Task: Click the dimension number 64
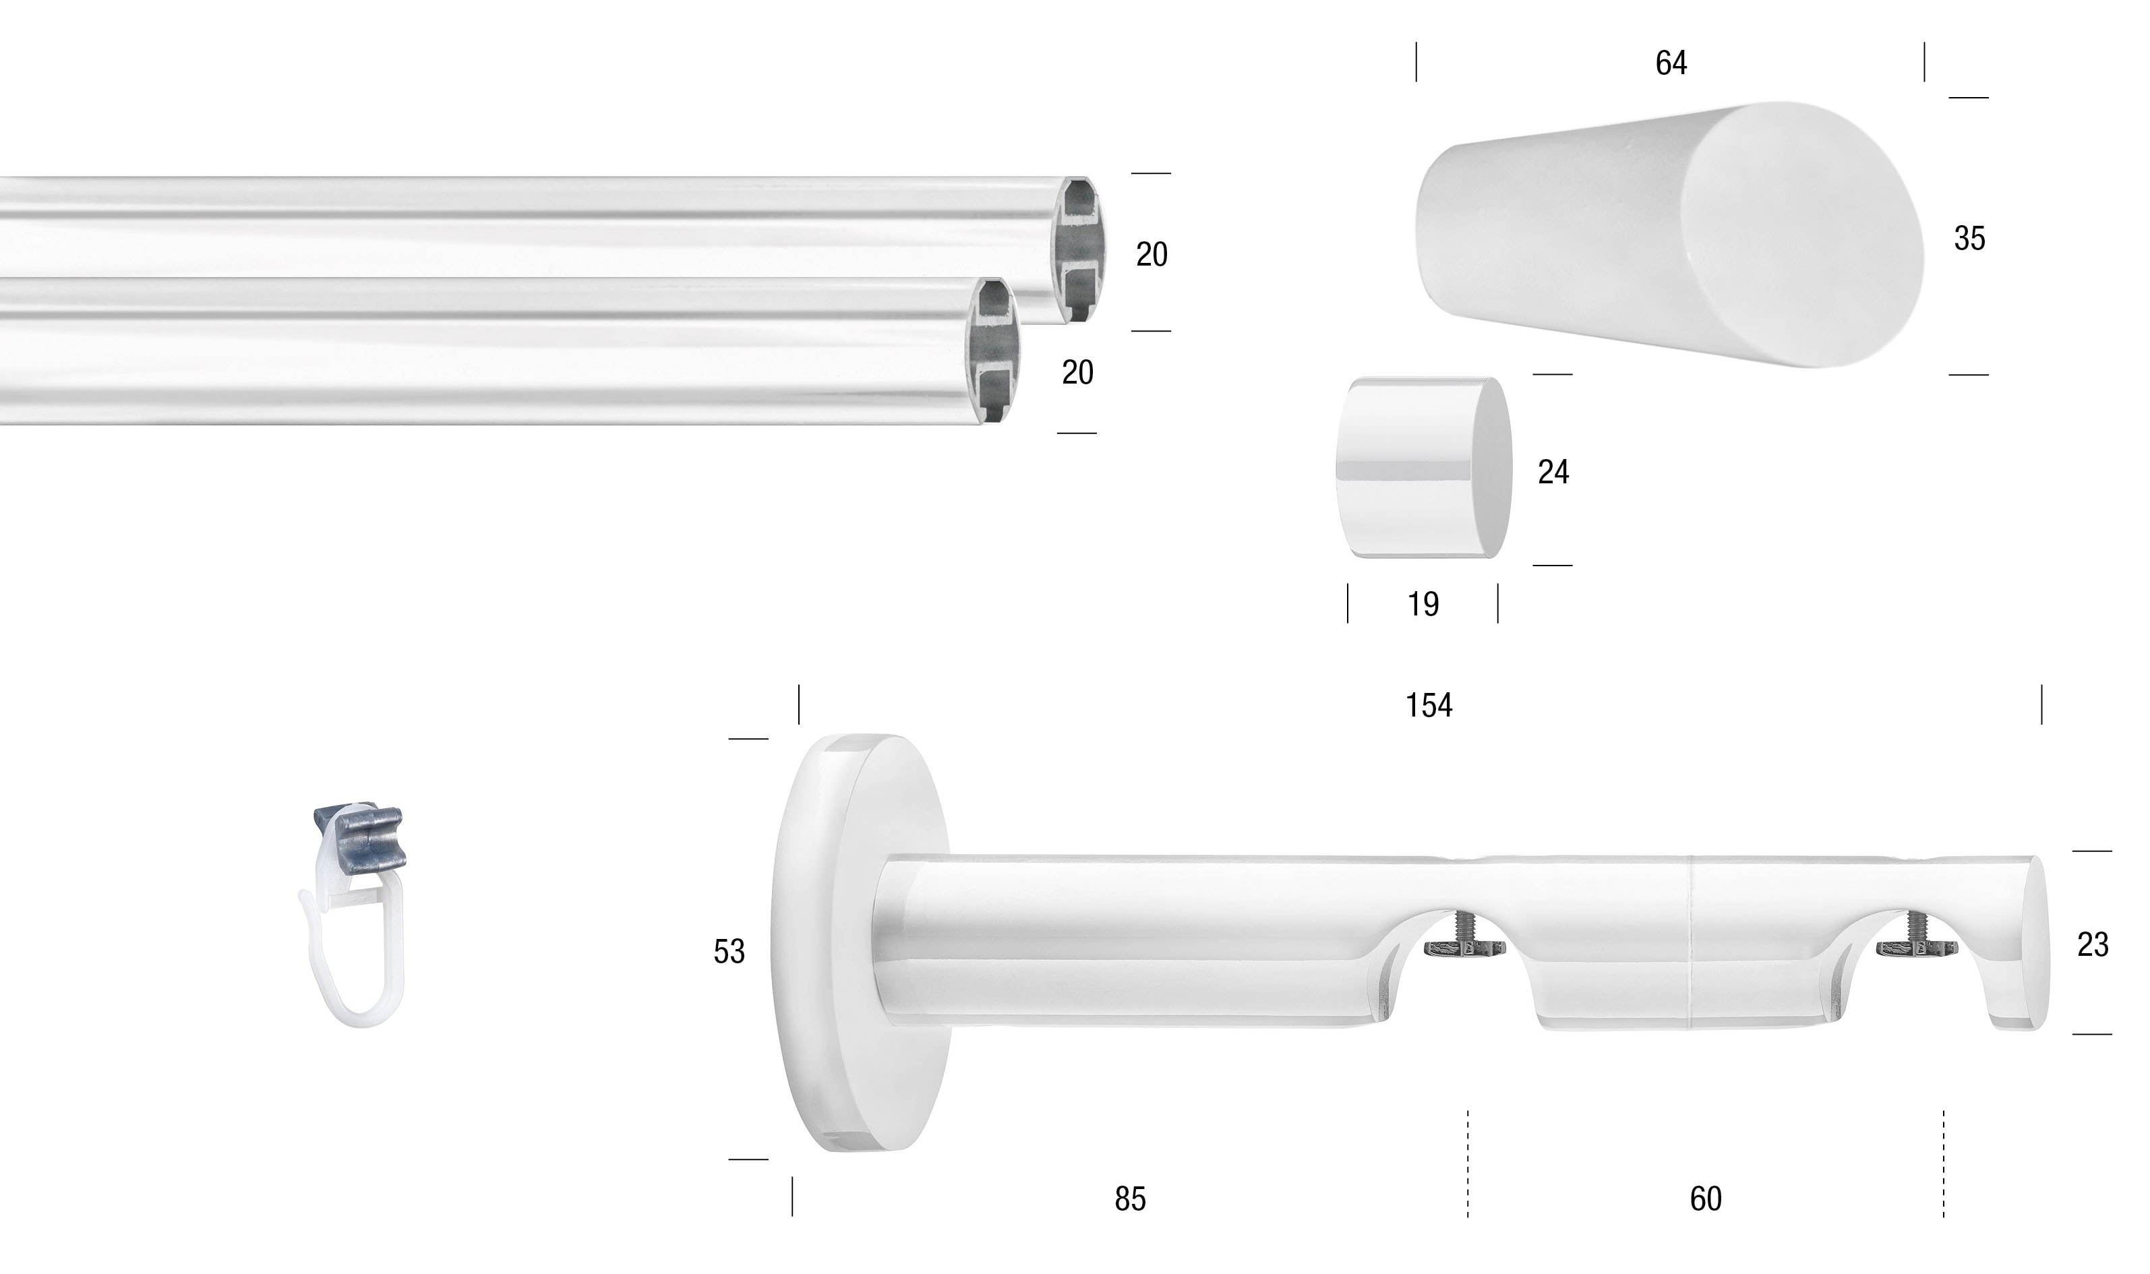pyautogui.click(x=1670, y=63)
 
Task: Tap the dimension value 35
pyautogui.click(x=1969, y=239)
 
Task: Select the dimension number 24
pyautogui.click(x=1553, y=472)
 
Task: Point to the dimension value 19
pyautogui.click(x=1423, y=605)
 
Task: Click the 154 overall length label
pyautogui.click(x=1428, y=705)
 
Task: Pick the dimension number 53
pyautogui.click(x=729, y=951)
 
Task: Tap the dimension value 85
pyautogui.click(x=1130, y=1199)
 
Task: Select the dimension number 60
pyautogui.click(x=1705, y=1199)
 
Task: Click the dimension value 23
pyautogui.click(x=2093, y=944)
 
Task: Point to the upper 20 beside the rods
pyautogui.click(x=1152, y=254)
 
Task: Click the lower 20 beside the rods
pyautogui.click(x=1077, y=373)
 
